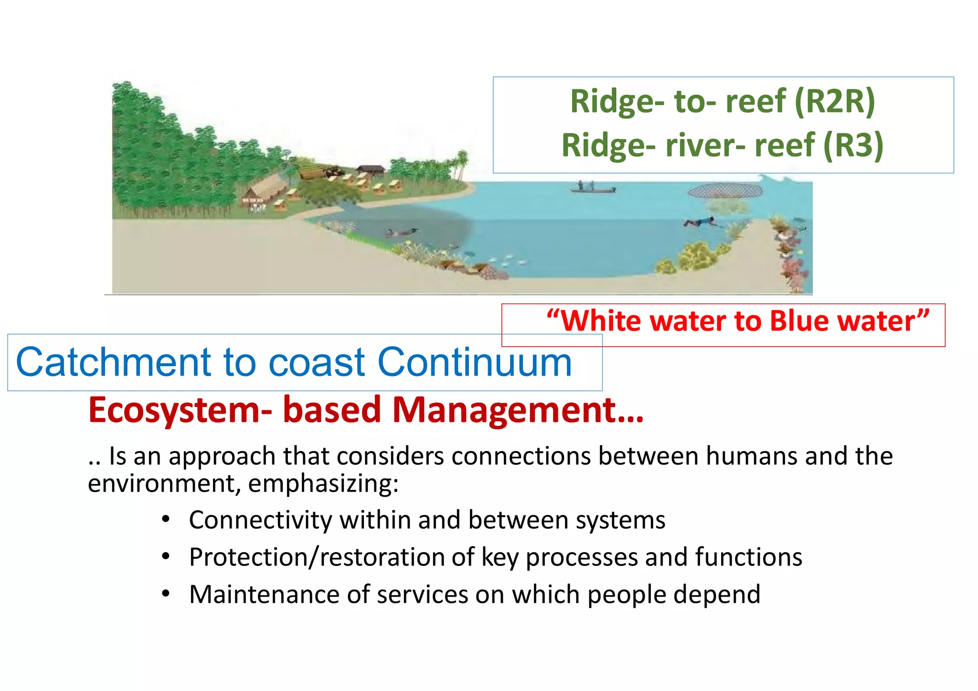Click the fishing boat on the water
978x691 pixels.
[x=592, y=189]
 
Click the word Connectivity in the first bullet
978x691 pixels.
[x=260, y=520]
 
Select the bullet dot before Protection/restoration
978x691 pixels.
[x=166, y=556]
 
